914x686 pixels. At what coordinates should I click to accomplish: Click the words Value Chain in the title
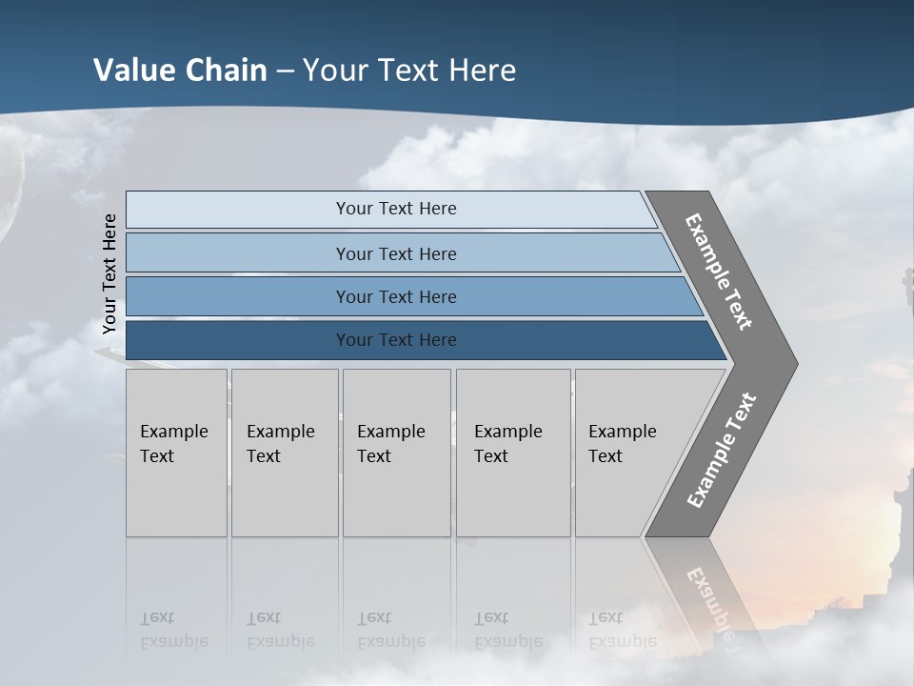(x=180, y=71)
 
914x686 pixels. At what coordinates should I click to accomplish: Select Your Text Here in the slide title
(x=409, y=71)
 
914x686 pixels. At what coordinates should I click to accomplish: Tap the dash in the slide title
(x=285, y=71)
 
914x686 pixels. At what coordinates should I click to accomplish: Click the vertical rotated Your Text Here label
(x=109, y=274)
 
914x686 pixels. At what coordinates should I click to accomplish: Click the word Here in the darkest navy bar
(x=435, y=340)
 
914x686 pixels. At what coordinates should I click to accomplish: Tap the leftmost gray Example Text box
(x=176, y=453)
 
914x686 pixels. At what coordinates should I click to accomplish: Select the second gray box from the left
(x=285, y=453)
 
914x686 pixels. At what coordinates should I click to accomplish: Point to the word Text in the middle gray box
(x=374, y=456)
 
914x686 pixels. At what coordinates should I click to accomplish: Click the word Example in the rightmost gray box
(x=623, y=432)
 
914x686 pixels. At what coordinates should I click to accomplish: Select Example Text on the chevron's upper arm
(x=719, y=272)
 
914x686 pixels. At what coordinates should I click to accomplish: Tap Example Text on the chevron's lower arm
(x=722, y=451)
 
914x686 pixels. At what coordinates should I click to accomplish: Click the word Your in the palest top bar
(x=353, y=209)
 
